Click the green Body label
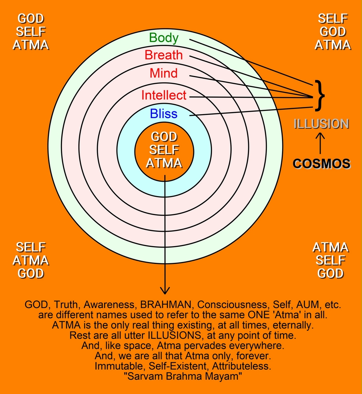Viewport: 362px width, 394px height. point(164,38)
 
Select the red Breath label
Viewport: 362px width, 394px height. point(164,55)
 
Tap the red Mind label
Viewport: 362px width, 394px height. point(164,74)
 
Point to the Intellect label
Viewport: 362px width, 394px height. point(164,95)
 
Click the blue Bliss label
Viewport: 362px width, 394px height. point(164,115)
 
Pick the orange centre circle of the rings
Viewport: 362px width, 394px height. point(164,151)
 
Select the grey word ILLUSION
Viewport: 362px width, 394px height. point(321,124)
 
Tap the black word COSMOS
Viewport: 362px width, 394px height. point(321,164)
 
